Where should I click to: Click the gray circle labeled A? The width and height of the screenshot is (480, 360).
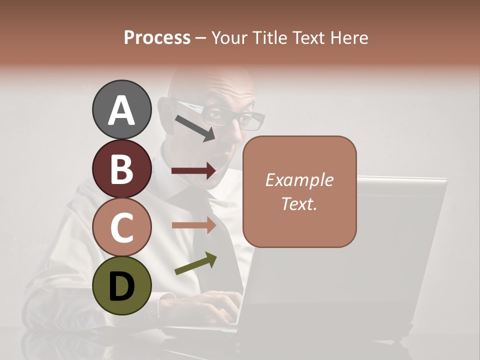[121, 109]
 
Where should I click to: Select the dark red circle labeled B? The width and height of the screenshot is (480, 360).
[121, 168]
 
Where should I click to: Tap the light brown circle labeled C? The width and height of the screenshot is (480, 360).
[121, 227]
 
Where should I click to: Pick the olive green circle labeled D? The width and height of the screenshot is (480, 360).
[121, 285]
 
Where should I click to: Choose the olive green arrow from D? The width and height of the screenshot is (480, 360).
[195, 264]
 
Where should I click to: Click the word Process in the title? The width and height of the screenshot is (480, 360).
[157, 37]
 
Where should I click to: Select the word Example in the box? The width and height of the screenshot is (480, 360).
[299, 180]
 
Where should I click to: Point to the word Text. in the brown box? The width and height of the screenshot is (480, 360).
[299, 203]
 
